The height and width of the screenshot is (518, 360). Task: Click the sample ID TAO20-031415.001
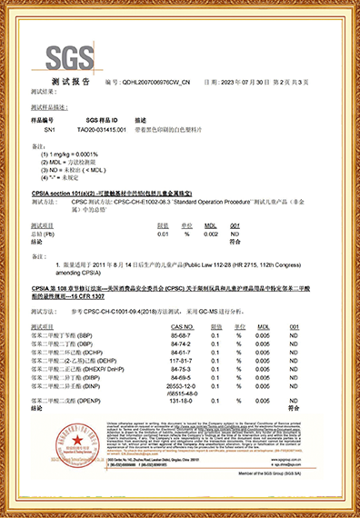click(108, 129)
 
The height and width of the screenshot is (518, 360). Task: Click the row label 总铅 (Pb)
click(44, 234)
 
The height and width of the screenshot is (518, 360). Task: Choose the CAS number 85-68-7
click(181, 334)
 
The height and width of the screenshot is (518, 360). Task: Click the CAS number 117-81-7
click(181, 360)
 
